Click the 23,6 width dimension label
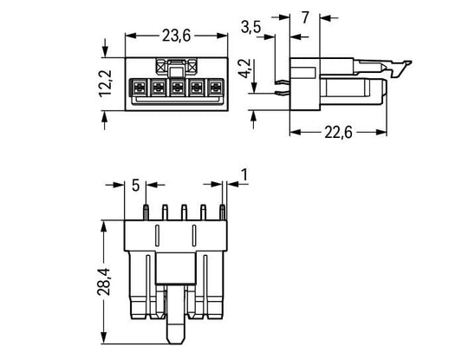point(176,36)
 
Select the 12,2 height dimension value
point(105,83)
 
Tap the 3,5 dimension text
point(251,27)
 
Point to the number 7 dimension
point(305,17)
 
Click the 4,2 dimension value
point(244,69)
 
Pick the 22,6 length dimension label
point(338,133)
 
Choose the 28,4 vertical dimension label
point(104,282)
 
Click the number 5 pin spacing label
point(135,186)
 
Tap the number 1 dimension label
point(244,174)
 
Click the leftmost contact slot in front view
point(139,88)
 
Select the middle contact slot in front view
point(177,88)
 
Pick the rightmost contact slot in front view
point(215,88)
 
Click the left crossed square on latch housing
point(161,67)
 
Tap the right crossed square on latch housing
point(192,67)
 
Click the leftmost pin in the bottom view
point(146,213)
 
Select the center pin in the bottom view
point(184,213)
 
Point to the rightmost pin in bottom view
point(223,213)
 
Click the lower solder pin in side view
point(283,93)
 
